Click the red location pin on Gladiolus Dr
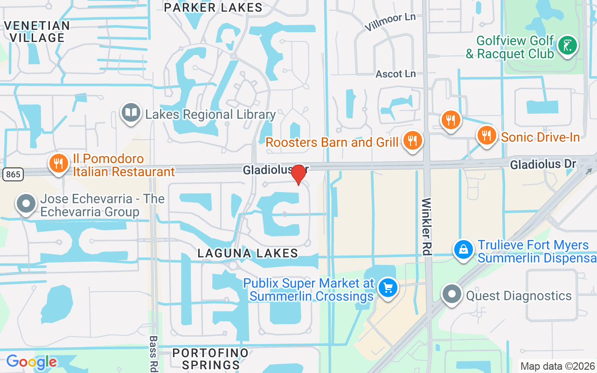tap(298, 174)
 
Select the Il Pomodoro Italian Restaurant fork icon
tap(58, 164)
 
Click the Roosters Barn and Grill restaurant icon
tap(412, 141)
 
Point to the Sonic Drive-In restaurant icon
tap(486, 136)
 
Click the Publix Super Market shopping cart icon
tap(388, 287)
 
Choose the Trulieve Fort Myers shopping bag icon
tap(464, 249)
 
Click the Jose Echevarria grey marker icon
tap(26, 204)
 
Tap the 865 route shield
tap(13, 174)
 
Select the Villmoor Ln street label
tap(389, 21)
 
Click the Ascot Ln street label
tap(396, 74)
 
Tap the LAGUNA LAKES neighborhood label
tap(248, 253)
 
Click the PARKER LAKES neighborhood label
tap(214, 7)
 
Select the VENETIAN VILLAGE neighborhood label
tap(37, 31)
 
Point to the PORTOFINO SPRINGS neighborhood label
tap(210, 358)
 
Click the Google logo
tap(31, 362)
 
